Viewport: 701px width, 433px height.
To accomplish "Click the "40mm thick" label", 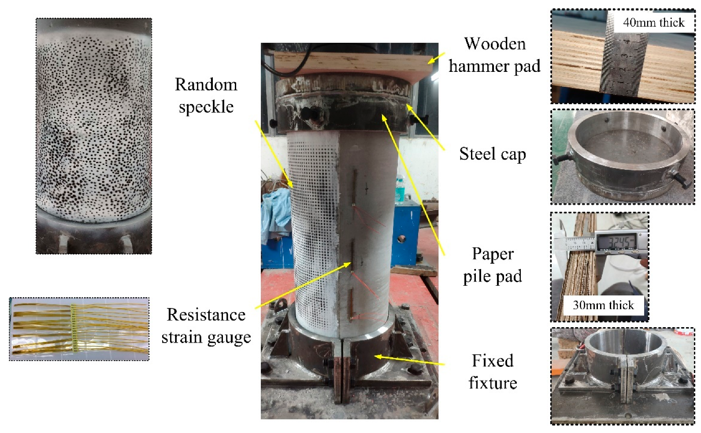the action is tap(654, 22).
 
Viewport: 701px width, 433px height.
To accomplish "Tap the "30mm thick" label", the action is tap(603, 305).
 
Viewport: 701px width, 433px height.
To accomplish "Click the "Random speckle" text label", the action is tap(206, 96).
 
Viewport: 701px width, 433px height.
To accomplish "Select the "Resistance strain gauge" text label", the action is tap(206, 326).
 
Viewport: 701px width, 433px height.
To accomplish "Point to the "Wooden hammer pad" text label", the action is tap(494, 55).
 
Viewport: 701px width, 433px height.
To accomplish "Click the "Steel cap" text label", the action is tap(492, 154).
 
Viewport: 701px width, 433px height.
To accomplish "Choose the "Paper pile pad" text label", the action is tap(493, 265).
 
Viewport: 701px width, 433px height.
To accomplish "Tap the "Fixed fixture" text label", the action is tap(493, 372).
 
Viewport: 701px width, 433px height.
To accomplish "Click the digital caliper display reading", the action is tap(616, 242).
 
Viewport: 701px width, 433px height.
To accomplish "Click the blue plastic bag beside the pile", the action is tap(275, 213).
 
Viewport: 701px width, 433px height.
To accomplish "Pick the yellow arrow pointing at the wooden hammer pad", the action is tap(437, 58).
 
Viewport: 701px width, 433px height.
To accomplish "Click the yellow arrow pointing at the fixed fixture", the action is tap(409, 360).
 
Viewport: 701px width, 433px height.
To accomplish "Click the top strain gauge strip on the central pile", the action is tap(355, 187).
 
